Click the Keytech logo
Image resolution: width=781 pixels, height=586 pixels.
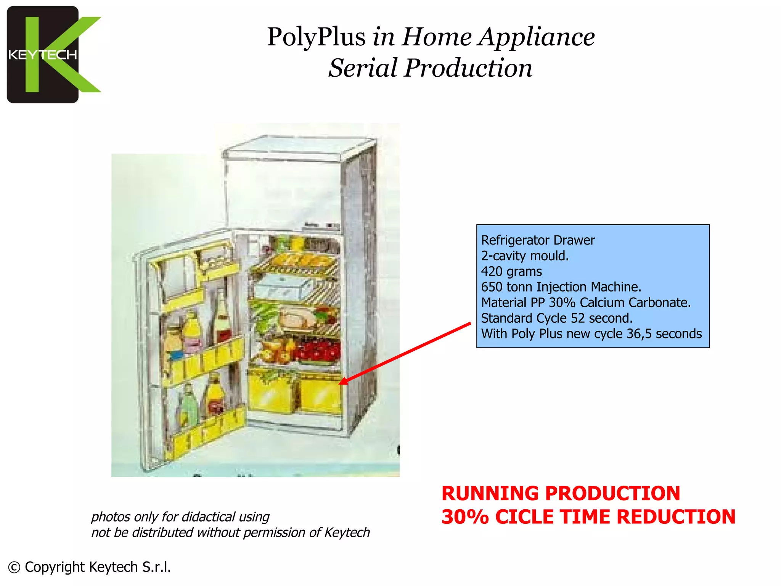coord(53,55)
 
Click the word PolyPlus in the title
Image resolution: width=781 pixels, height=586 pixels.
coord(316,37)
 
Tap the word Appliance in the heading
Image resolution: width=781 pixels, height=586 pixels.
coord(537,37)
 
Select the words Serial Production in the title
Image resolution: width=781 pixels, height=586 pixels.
coord(430,68)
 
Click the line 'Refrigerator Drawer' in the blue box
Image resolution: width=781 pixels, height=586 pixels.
coord(538,240)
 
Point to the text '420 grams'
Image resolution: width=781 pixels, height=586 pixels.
coord(511,271)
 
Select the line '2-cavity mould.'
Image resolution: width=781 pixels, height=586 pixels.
coord(524,256)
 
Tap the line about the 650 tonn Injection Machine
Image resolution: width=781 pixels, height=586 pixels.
coord(561,287)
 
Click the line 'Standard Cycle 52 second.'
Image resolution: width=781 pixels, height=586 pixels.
coord(556,318)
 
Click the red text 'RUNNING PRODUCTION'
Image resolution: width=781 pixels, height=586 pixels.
coord(561,493)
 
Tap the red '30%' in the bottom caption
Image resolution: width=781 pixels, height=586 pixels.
coord(465,517)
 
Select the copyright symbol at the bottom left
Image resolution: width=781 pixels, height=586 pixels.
coord(14,568)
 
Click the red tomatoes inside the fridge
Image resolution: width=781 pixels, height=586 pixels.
coord(319,350)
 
